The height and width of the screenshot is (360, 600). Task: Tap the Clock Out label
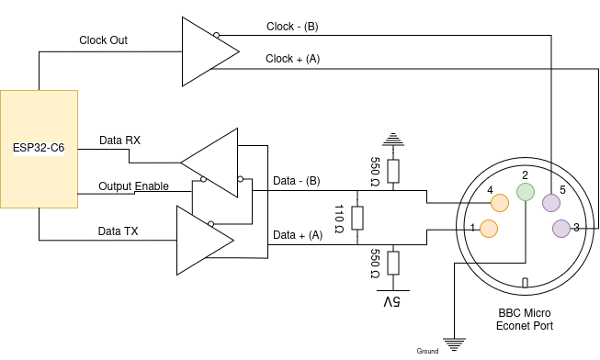103,40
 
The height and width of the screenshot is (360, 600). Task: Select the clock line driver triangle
203,51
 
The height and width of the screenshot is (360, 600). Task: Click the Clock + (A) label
292,59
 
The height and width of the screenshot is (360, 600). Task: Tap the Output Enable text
134,186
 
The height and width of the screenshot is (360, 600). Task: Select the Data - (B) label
297,181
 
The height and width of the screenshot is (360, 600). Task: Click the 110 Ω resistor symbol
357,219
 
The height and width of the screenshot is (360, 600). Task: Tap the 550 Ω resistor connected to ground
393,171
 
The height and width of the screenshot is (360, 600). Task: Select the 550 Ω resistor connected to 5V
393,264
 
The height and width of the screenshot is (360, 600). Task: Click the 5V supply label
393,302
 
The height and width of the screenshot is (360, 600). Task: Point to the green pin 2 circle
525,191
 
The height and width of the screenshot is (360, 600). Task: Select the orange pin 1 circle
489,228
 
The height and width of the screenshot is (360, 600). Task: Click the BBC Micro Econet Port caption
524,319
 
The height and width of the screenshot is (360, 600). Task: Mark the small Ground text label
427,352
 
